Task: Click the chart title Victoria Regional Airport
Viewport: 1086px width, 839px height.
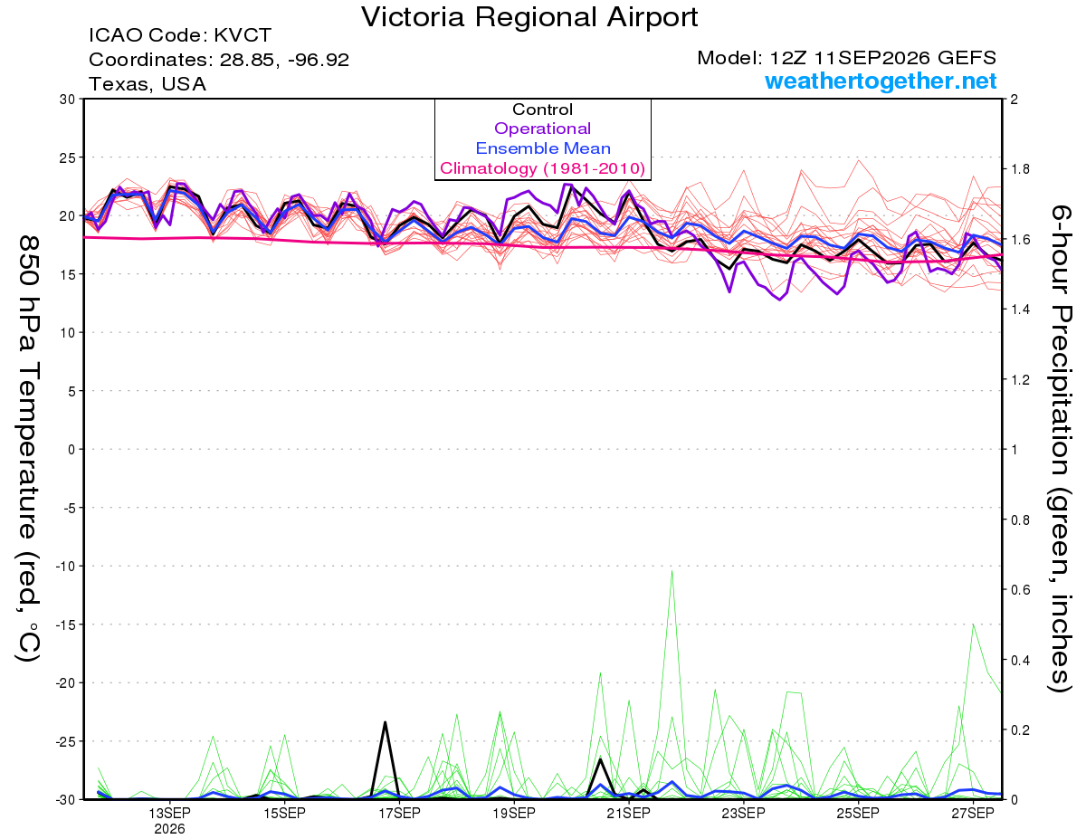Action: [x=529, y=17]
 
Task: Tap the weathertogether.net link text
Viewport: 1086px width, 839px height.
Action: [x=880, y=81]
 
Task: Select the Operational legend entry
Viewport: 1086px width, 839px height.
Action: [x=542, y=129]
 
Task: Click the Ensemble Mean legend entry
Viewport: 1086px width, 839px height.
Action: [x=543, y=148]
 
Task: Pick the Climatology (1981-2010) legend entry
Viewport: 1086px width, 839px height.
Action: [x=542, y=168]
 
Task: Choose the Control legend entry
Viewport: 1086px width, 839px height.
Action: [x=542, y=109]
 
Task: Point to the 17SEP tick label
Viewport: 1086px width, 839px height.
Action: [x=399, y=813]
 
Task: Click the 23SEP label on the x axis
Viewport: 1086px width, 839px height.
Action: [x=743, y=813]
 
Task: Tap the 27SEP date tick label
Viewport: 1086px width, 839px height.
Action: [x=973, y=813]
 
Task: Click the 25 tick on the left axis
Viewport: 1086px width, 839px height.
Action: [x=67, y=157]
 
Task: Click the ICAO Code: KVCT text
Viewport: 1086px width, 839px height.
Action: [x=180, y=35]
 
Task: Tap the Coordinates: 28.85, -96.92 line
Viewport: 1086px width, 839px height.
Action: [x=219, y=60]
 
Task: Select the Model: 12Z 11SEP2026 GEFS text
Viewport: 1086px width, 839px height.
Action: [x=846, y=58]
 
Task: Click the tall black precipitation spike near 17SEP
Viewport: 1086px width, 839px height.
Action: [x=386, y=721]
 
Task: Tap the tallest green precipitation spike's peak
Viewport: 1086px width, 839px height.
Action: [x=672, y=570]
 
